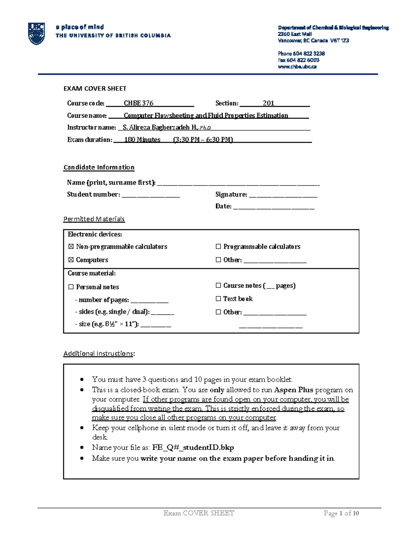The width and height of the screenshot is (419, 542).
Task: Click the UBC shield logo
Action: pos(36,34)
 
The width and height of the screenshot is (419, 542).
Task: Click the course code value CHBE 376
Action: pos(139,103)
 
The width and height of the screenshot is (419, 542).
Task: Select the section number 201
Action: pos(269,103)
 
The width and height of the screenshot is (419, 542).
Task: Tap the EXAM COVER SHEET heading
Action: pos(95,89)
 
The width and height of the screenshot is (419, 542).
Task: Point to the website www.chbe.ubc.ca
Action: pos(297,67)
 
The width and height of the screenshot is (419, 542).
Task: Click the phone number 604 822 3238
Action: pos(309,53)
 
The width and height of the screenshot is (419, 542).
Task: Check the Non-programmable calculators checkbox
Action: pos(71,247)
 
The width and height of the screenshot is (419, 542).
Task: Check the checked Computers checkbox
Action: pos(71,260)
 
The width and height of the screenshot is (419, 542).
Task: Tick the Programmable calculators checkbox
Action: pos(219,247)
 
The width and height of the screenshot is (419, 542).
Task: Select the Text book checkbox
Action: pos(219,299)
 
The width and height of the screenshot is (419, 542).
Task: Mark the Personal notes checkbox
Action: pos(71,287)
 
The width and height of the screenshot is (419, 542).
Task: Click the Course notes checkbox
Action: pos(219,285)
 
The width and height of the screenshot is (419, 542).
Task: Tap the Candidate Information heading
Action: pos(99,168)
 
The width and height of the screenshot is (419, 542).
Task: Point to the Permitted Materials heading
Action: pos(94,219)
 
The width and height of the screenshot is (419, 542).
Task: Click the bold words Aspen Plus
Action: pos(294,390)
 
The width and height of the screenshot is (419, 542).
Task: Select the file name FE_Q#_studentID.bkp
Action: pos(193,447)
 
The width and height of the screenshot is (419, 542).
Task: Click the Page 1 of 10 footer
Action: pos(341,513)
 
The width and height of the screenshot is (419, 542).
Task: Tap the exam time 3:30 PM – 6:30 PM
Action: pos(203,140)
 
